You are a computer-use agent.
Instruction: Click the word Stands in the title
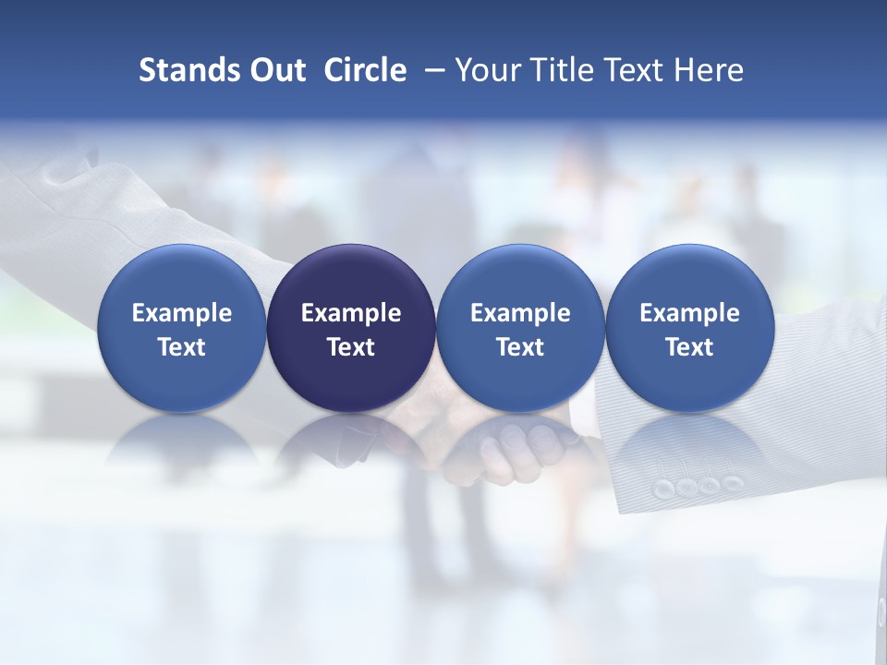pyautogui.click(x=183, y=70)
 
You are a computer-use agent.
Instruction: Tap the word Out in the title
pyautogui.click(x=275, y=70)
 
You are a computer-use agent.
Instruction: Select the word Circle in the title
pyautogui.click(x=365, y=70)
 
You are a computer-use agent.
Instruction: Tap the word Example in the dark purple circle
pyautogui.click(x=351, y=313)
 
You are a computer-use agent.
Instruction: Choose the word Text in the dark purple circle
pyautogui.click(x=351, y=347)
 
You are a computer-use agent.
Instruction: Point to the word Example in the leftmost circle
pyautogui.click(x=181, y=313)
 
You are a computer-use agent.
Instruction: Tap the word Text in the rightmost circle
pyautogui.click(x=690, y=347)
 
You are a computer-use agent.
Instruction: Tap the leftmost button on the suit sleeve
pyautogui.click(x=662, y=487)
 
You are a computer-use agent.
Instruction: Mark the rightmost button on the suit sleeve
pyautogui.click(x=733, y=482)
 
